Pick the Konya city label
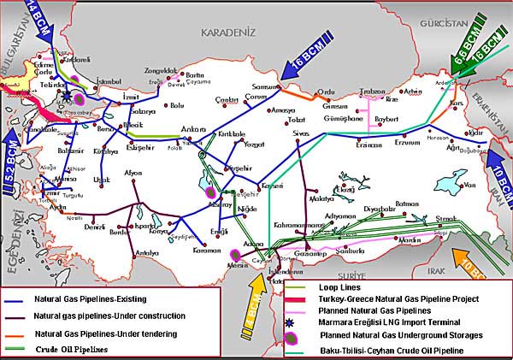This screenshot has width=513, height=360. [x=159, y=231]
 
